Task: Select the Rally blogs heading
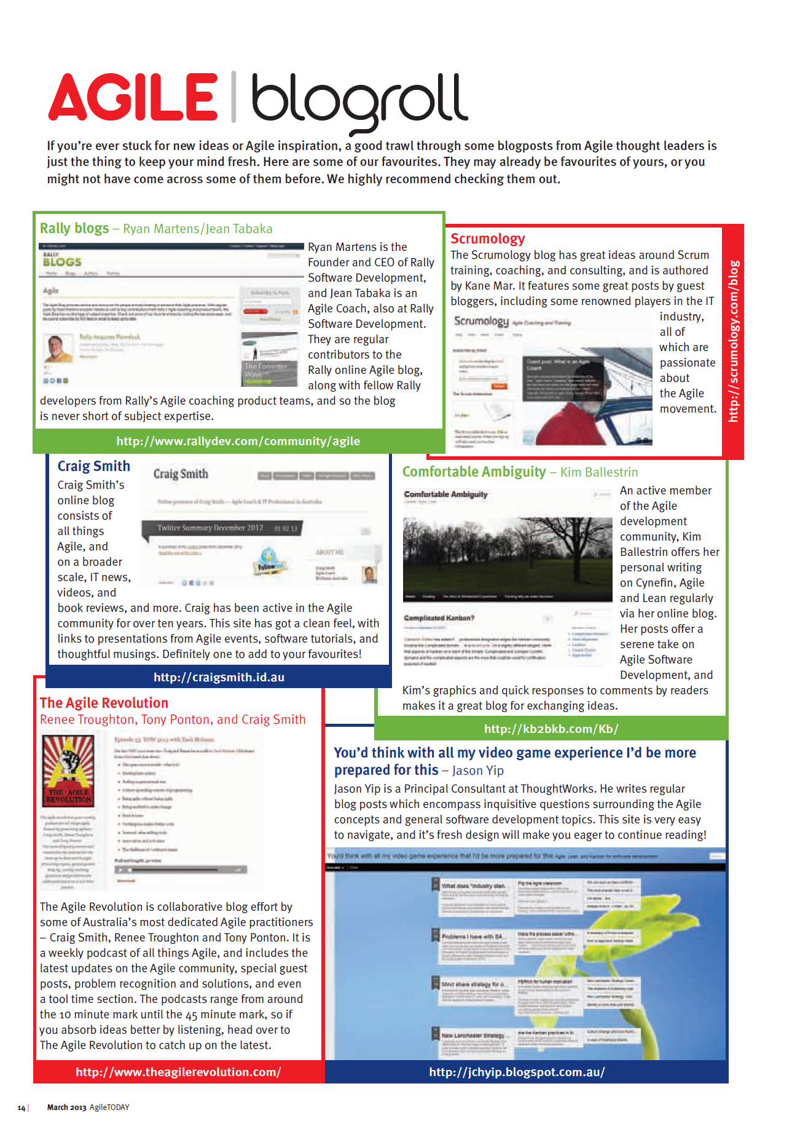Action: (x=74, y=228)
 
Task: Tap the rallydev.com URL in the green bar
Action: (x=238, y=441)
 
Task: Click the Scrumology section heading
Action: (x=487, y=239)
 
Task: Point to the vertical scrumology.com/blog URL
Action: (x=733, y=341)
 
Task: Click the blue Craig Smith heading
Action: (x=93, y=466)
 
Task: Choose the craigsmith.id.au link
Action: (x=219, y=677)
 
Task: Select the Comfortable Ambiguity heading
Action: (x=474, y=472)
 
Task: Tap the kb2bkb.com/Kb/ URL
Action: (x=551, y=729)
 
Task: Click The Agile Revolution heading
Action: (x=104, y=703)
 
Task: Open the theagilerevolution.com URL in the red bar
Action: (x=178, y=1072)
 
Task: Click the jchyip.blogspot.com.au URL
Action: (x=517, y=1072)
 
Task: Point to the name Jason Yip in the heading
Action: (x=477, y=770)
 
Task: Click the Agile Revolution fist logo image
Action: (x=68, y=770)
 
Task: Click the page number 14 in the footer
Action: (x=22, y=1107)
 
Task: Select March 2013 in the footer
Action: (x=66, y=1107)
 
